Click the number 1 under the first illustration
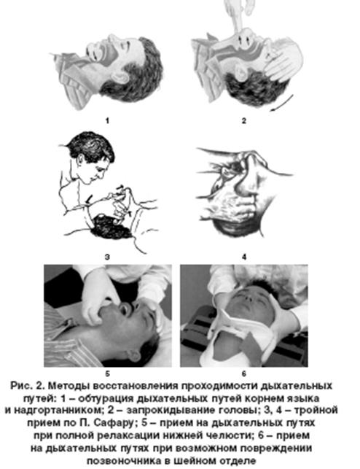(107, 121)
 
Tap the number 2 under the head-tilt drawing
(244, 121)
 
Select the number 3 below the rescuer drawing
(107, 257)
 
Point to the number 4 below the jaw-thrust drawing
(244, 257)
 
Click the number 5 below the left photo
(108, 373)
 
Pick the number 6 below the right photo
(244, 373)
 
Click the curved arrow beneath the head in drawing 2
(281, 104)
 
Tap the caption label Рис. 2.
(28, 386)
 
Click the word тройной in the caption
(316, 410)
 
